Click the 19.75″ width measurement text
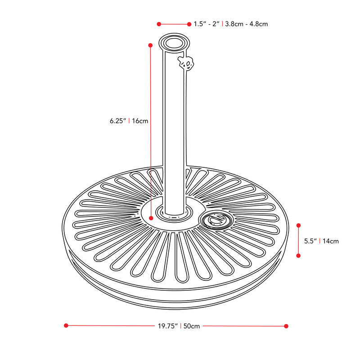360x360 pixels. point(167,326)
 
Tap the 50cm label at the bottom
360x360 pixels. point(192,326)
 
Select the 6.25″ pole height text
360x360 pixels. point(118,121)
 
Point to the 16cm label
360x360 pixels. point(140,121)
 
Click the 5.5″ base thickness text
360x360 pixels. point(310,241)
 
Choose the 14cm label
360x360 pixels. point(331,241)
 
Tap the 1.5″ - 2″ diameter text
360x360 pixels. point(207,24)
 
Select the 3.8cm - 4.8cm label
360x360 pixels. point(246,24)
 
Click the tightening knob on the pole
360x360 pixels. point(186,62)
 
